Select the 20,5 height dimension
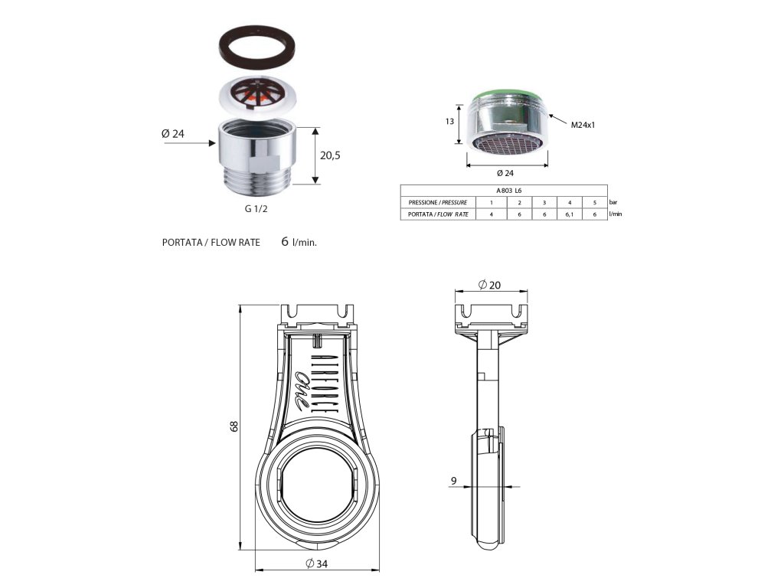[330, 155]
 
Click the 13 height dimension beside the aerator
[450, 122]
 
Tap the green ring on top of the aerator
[505, 96]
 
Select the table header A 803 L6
[509, 190]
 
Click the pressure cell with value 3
[544, 202]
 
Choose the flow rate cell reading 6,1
[569, 214]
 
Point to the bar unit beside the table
[612, 202]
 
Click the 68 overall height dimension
[235, 426]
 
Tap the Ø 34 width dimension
[318, 564]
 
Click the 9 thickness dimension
[454, 481]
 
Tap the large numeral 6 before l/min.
[285, 241]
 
